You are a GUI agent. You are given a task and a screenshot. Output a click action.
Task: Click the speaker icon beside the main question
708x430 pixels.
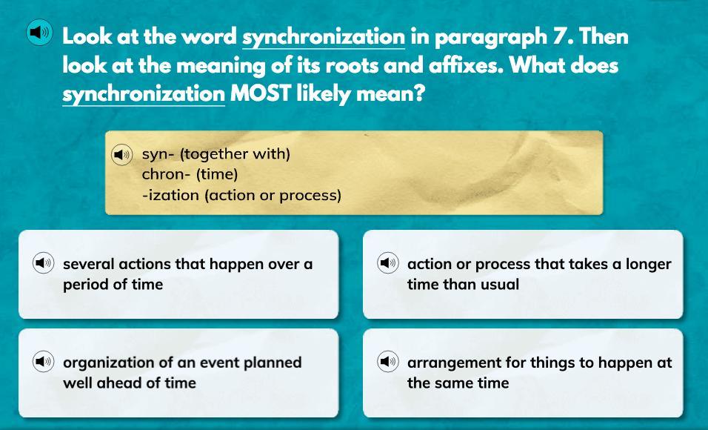(39, 33)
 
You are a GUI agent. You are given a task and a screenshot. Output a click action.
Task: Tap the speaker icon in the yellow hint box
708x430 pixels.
(122, 155)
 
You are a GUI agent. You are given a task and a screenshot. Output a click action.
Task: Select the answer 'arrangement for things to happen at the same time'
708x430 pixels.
(522, 373)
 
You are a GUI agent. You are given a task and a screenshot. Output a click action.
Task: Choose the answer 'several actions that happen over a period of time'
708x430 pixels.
(178, 274)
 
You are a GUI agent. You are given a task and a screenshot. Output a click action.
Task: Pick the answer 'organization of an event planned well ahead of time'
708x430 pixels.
(178, 373)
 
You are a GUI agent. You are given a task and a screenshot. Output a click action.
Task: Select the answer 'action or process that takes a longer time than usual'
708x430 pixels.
(522, 274)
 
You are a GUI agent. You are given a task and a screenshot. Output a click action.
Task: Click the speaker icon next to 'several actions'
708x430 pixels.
(44, 262)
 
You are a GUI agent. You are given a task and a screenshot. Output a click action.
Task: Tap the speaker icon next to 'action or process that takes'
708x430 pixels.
(388, 262)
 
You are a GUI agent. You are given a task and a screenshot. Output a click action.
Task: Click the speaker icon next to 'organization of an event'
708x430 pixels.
(44, 361)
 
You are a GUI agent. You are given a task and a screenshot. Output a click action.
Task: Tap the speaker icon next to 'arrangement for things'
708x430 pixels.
(388, 361)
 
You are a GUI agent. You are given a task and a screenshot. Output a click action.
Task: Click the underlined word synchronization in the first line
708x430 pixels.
(324, 38)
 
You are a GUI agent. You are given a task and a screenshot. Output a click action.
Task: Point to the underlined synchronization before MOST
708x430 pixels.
(144, 95)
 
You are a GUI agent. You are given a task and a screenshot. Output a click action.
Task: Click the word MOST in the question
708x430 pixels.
(261, 93)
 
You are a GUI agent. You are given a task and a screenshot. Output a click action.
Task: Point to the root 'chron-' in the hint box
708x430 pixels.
(167, 174)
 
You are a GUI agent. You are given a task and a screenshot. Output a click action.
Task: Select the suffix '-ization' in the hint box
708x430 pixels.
(170, 195)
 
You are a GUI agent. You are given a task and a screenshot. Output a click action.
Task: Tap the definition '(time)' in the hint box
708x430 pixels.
(217, 174)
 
